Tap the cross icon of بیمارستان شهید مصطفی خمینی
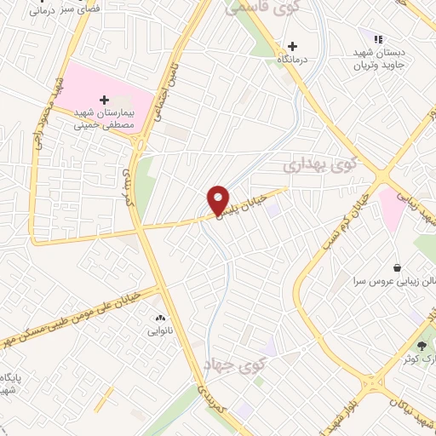(105, 100)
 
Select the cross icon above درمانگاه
(292, 46)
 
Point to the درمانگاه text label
(292, 61)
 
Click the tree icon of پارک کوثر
(422, 345)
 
